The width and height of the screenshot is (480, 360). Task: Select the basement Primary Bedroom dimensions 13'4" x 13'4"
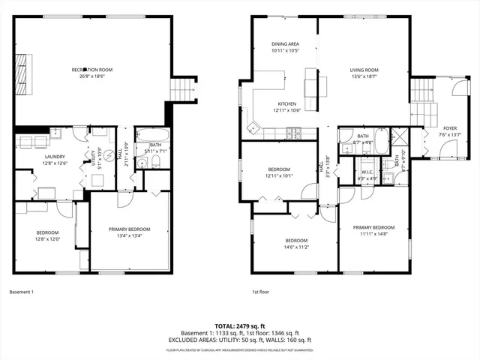pyautogui.click(x=130, y=235)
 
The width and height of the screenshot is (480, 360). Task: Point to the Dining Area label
pyautogui.click(x=285, y=44)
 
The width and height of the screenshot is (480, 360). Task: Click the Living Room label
pyautogui.click(x=364, y=70)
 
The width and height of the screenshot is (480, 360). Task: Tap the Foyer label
pyautogui.click(x=450, y=128)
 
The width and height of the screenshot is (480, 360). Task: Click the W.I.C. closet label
pyautogui.click(x=367, y=172)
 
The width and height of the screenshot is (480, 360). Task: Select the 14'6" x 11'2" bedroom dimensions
pyautogui.click(x=296, y=247)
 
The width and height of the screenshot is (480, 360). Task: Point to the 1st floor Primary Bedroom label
pyautogui.click(x=373, y=226)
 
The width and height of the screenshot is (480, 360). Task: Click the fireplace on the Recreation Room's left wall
pyautogui.click(x=23, y=72)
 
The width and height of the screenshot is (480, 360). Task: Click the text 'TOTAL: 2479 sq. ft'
pyautogui.click(x=239, y=325)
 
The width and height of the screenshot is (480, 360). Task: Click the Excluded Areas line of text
pyautogui.click(x=239, y=341)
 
